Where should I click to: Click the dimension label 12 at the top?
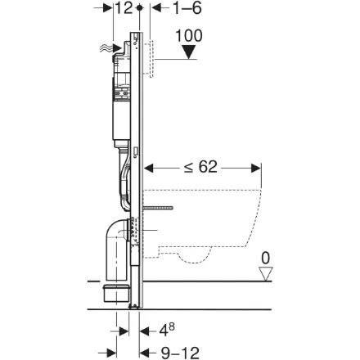[x=124, y=8]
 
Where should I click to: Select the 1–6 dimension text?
[x=187, y=8]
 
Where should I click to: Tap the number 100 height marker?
[x=189, y=35]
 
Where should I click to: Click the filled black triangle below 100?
[x=189, y=52]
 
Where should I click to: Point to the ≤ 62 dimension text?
[x=200, y=167]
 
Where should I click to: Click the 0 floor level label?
[x=265, y=258]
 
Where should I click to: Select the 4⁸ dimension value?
[x=167, y=330]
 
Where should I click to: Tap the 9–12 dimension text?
[x=180, y=353]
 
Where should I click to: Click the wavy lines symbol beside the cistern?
[x=106, y=49]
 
